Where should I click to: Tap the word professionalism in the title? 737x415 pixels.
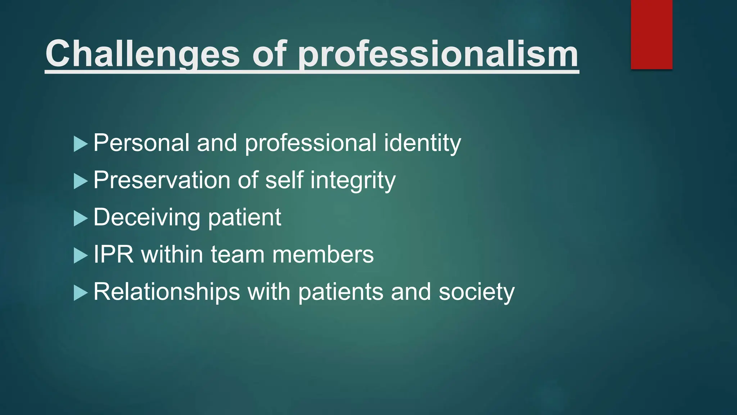(438, 54)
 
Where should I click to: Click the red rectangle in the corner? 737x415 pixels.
(651, 34)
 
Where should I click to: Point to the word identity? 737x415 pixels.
(422, 143)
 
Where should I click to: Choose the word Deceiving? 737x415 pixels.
(147, 218)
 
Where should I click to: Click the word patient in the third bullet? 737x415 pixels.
(245, 218)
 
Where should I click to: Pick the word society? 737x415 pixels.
(477, 292)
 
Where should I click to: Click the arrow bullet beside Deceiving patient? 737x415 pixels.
(81, 218)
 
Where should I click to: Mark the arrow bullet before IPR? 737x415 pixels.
(81, 255)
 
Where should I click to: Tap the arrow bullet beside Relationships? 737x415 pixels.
(81, 293)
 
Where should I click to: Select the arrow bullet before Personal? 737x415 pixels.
(81, 144)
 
